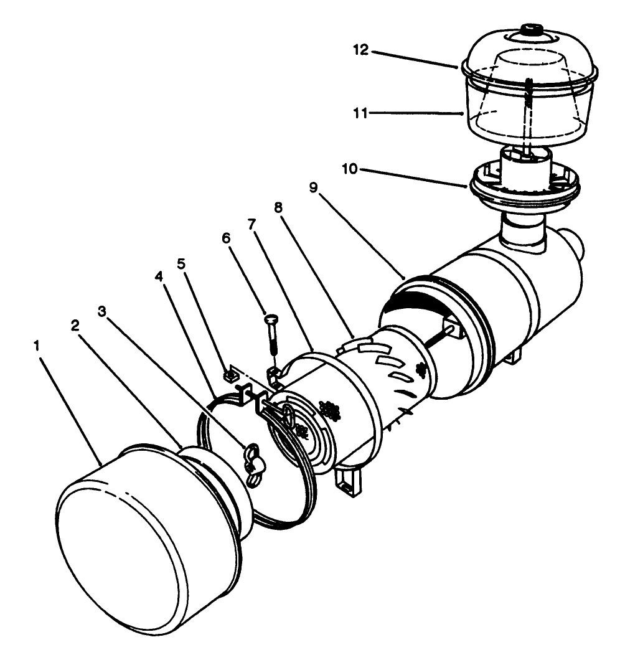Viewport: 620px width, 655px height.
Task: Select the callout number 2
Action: point(75,326)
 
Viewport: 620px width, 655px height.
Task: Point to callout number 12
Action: point(360,50)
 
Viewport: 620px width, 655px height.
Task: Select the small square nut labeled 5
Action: point(228,375)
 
